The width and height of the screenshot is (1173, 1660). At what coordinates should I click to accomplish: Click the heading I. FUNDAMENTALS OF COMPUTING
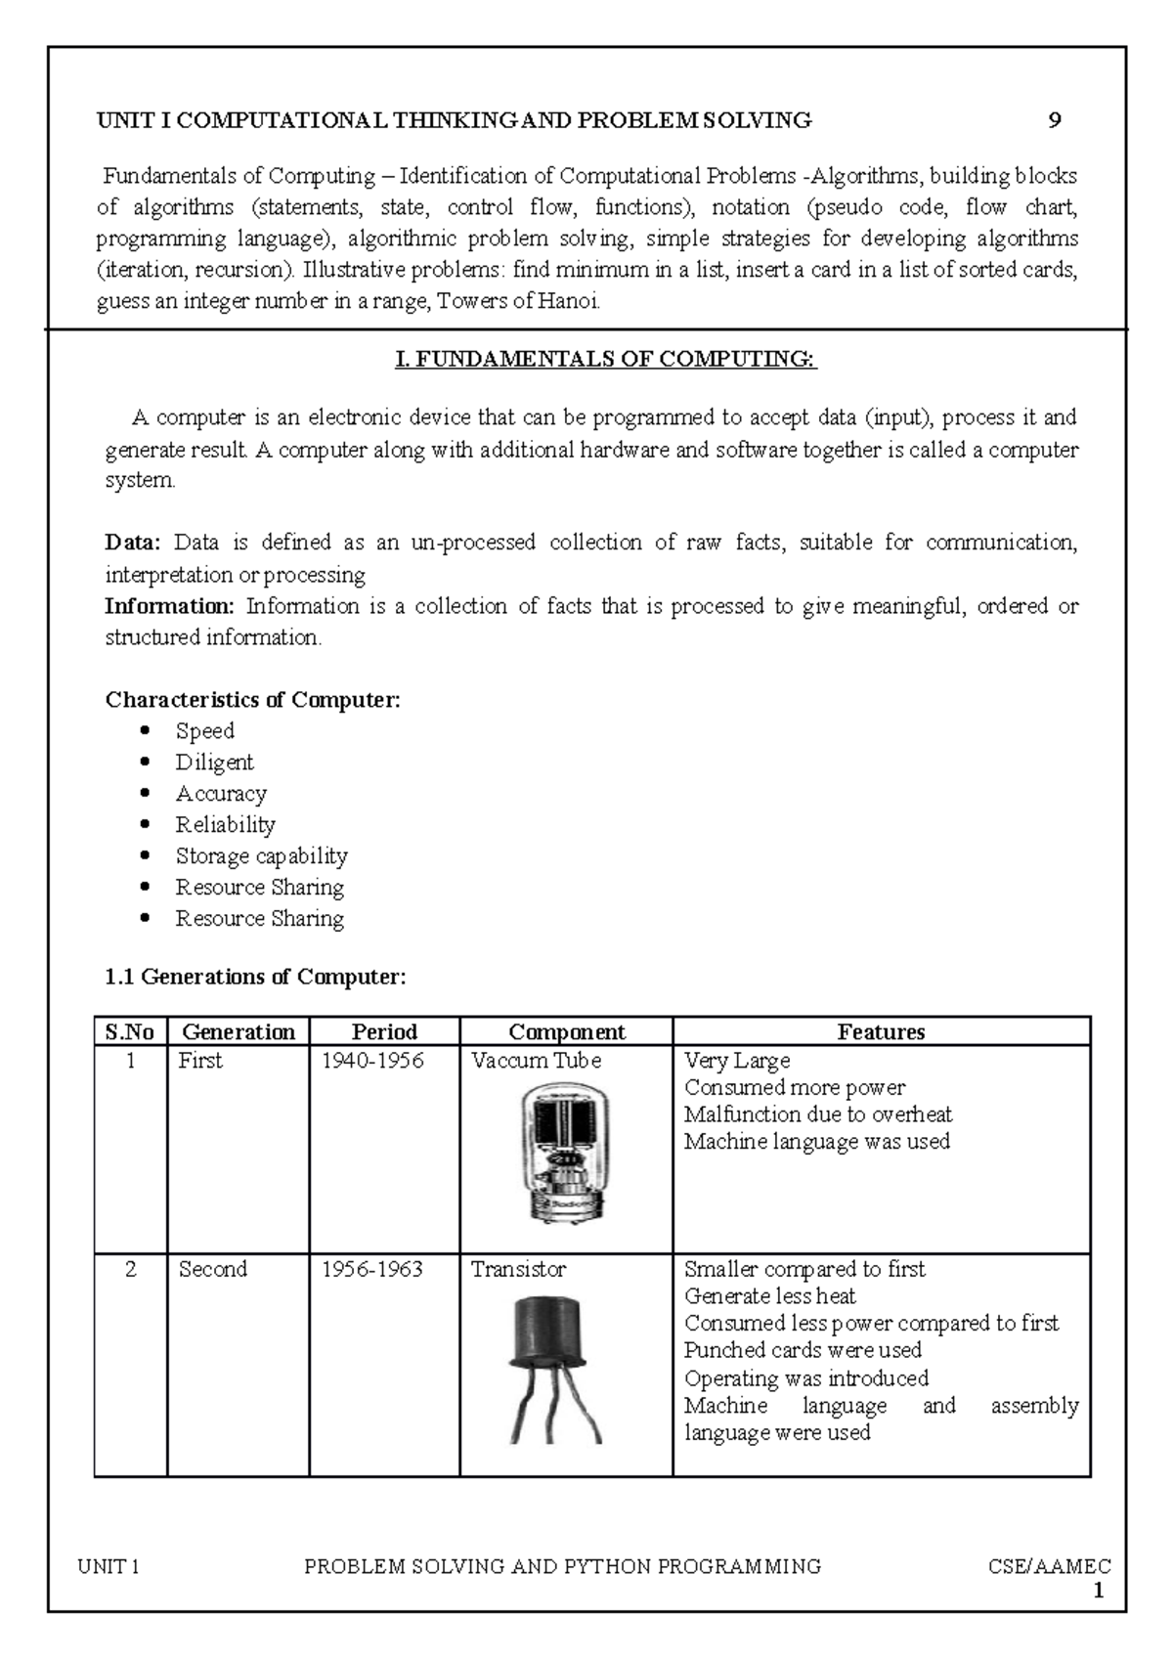tap(605, 360)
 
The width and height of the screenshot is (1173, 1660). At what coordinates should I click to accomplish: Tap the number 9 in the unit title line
tap(1054, 120)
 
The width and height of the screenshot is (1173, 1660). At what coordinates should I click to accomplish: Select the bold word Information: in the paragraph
tap(169, 606)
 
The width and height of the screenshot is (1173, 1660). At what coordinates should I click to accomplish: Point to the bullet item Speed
tap(204, 731)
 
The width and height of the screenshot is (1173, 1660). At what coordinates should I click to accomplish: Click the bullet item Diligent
tap(214, 763)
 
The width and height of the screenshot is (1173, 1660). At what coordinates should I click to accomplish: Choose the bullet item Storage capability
tap(261, 856)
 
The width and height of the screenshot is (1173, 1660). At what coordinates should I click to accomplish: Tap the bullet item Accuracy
tap(221, 794)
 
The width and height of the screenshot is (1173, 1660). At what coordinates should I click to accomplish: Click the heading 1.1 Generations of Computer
tap(254, 977)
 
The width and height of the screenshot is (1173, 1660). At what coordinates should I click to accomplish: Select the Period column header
tap(384, 1031)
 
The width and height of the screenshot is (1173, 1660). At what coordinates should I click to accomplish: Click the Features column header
tap(881, 1031)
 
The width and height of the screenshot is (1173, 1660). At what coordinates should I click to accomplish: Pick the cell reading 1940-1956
tap(372, 1061)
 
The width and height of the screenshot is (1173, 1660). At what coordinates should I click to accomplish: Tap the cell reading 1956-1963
tap(372, 1269)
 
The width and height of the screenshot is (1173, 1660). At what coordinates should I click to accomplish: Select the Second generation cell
tap(212, 1269)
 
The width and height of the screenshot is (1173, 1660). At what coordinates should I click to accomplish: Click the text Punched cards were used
tap(803, 1350)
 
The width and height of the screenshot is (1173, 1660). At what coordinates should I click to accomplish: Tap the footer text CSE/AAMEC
tap(1049, 1567)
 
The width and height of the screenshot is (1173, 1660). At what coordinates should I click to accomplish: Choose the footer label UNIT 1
tap(109, 1567)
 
